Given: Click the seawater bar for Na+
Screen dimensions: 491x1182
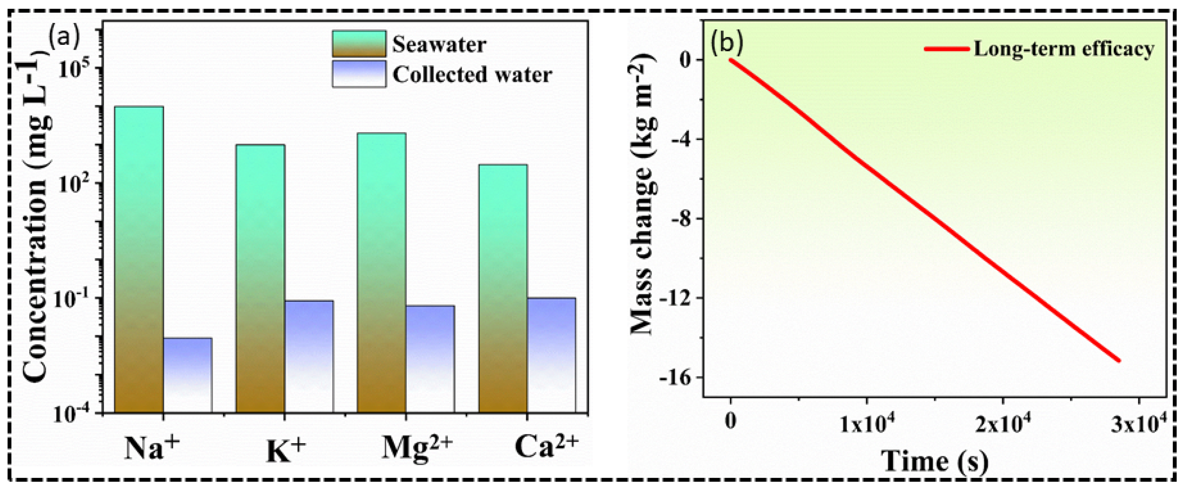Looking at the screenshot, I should pos(139,259).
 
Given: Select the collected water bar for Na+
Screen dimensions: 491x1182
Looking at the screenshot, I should pos(187,375).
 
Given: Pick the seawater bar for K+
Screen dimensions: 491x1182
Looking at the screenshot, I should pos(260,278).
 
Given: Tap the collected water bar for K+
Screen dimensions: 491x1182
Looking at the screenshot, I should pos(309,356).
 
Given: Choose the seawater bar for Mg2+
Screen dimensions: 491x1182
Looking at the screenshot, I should pos(381,272).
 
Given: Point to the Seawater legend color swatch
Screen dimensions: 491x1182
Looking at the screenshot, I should pos(359,44).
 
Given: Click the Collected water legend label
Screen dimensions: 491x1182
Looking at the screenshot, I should pos(472,75).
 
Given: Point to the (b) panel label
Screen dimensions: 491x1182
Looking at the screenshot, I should pos(726,43).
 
